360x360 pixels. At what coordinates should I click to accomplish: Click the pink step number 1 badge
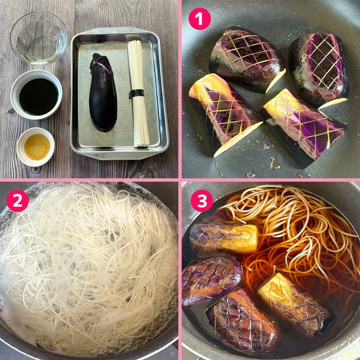(x=200, y=19)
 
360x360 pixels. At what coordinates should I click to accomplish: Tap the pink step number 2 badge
(x=17, y=201)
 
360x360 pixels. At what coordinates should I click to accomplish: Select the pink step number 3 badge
(x=202, y=201)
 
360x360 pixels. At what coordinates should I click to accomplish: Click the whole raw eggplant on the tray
(x=103, y=92)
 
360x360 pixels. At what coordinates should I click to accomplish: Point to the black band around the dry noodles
(x=136, y=94)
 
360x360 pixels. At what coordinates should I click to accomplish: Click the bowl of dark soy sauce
(x=37, y=95)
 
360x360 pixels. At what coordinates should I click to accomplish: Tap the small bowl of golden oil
(x=35, y=147)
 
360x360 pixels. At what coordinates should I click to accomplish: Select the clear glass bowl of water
(x=39, y=38)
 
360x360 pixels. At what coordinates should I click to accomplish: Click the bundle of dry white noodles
(x=138, y=94)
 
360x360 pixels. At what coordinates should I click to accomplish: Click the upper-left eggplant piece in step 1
(x=247, y=60)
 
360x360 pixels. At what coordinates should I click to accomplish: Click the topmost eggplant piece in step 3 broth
(x=224, y=239)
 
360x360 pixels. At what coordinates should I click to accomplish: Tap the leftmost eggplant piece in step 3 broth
(x=212, y=280)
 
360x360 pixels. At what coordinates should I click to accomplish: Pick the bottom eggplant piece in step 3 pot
(x=243, y=321)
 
